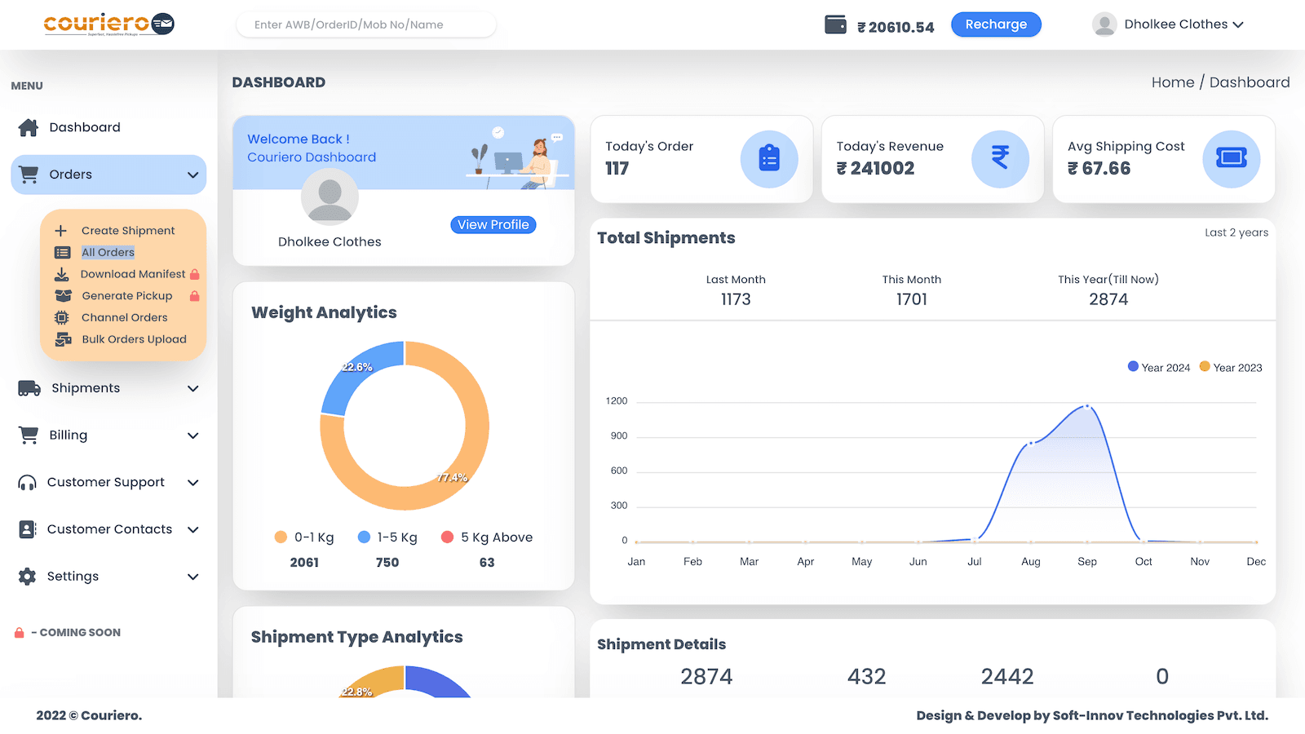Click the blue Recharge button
pos(996,24)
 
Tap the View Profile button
pos(493,224)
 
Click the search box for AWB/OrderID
pos(365,24)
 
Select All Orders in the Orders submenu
pos(108,253)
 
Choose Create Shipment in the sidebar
pos(128,231)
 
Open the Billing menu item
pos(69,436)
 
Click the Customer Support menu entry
pos(106,482)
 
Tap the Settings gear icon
pos(27,577)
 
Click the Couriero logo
pos(108,24)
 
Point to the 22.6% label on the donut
pos(356,367)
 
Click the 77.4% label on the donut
pos(452,478)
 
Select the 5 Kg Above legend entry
pos(487,537)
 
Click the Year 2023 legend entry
pos(1231,368)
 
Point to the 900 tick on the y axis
pos(619,436)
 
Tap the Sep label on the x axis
pos(1087,562)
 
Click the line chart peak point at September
pos(1086,406)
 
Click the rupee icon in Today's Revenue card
pos(1000,158)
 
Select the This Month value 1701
pos(911,299)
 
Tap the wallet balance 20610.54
pos(896,27)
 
